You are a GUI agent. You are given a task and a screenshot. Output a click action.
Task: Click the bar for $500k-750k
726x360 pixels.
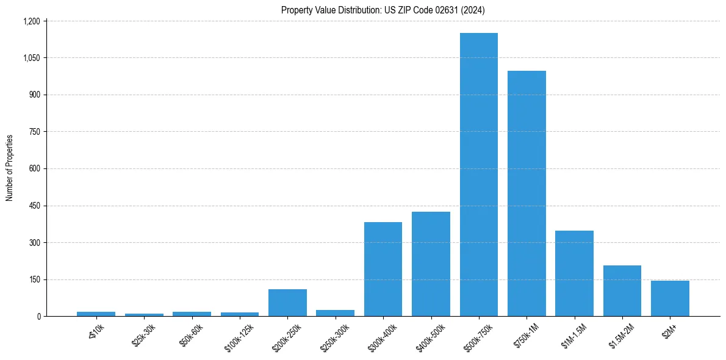click(x=479, y=175)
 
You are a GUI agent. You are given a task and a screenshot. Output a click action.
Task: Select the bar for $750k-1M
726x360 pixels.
click(x=527, y=193)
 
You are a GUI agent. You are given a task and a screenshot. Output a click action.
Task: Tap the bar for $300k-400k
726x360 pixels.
click(x=383, y=269)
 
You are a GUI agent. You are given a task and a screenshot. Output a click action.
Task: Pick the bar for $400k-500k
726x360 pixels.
click(x=431, y=264)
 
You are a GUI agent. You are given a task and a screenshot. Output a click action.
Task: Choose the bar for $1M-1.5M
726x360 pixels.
click(x=574, y=273)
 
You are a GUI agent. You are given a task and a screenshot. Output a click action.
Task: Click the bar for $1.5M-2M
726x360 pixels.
click(x=622, y=290)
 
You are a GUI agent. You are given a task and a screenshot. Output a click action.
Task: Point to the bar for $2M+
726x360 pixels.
click(x=670, y=298)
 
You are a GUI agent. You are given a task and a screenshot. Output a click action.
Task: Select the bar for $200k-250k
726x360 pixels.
click(x=287, y=303)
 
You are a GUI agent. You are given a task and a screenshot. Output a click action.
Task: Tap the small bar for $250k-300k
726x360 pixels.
click(x=335, y=313)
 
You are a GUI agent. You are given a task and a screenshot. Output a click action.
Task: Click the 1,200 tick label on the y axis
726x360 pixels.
click(x=31, y=21)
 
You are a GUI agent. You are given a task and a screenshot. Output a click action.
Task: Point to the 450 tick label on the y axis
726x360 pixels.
click(x=34, y=206)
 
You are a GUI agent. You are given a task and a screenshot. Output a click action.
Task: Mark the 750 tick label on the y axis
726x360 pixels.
click(x=34, y=132)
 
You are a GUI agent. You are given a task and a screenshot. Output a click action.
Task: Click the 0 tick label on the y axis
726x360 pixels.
click(x=38, y=317)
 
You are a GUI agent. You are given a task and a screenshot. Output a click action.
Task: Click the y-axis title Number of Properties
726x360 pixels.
click(x=10, y=168)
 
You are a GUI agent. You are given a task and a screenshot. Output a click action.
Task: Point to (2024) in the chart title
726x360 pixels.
click(x=473, y=10)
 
